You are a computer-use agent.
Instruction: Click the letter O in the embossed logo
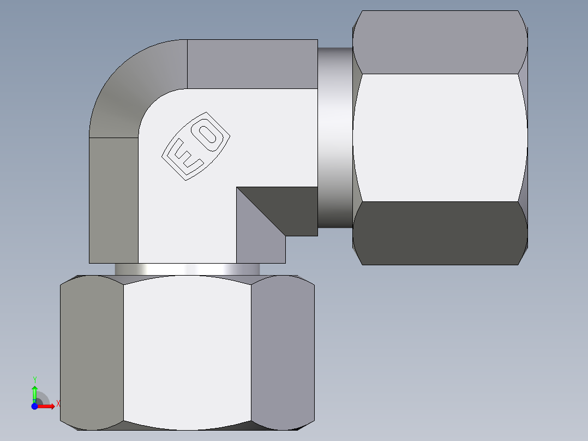208,134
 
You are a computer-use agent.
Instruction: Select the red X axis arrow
46,406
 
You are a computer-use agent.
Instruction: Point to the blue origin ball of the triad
34,406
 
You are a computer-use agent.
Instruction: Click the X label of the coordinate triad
58,404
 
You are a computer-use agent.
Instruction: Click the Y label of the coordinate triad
34,379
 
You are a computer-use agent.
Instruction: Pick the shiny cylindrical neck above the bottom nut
187,270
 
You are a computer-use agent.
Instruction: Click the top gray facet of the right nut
440,43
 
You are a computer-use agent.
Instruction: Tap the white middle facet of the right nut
440,138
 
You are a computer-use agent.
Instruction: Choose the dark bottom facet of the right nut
440,233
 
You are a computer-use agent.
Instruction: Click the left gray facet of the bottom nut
92,352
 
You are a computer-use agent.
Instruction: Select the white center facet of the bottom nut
187,352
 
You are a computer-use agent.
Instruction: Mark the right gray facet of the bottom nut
282,352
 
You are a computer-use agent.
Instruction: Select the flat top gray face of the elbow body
252,64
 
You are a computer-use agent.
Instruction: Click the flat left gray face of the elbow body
113,199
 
